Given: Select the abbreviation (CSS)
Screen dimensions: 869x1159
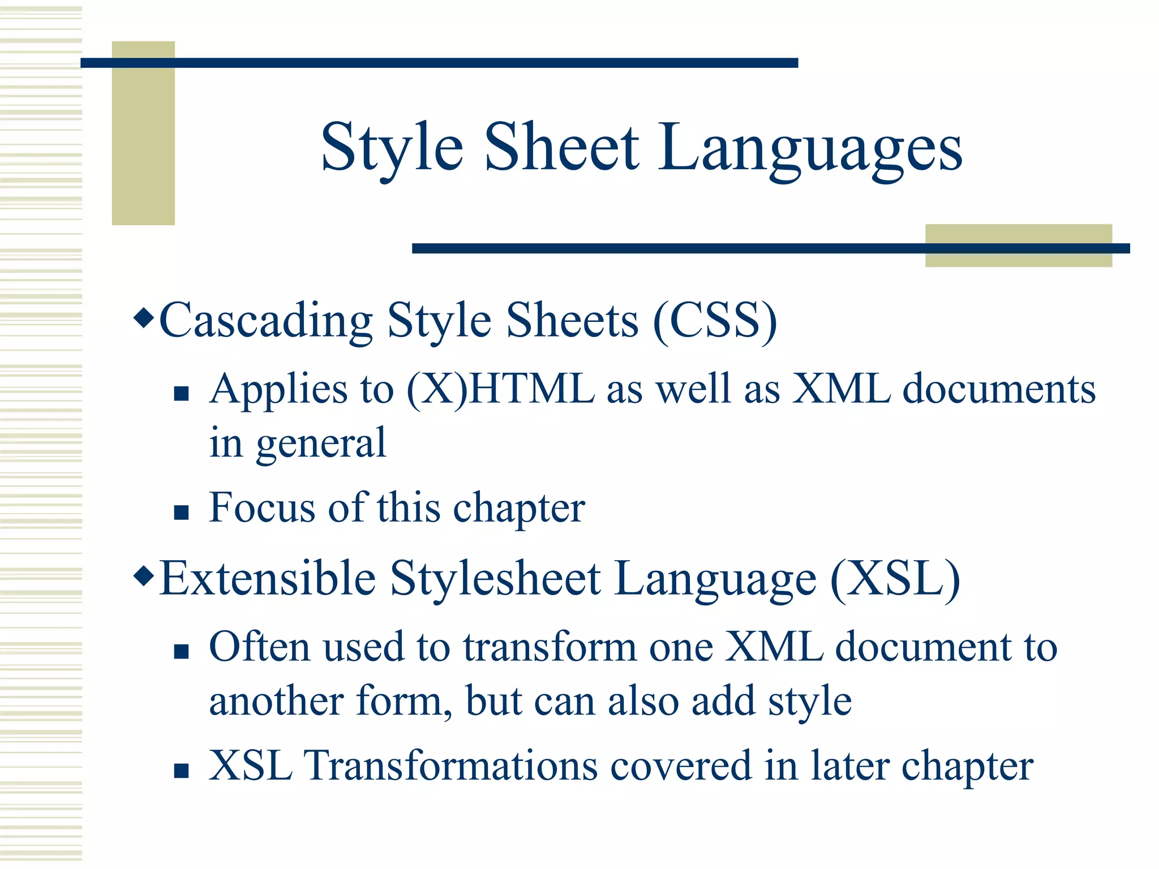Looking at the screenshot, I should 715,321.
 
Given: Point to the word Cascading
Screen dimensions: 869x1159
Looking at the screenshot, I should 266,321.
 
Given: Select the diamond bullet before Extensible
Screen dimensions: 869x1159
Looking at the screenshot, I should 144,577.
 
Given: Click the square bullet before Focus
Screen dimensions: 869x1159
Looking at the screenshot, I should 181,512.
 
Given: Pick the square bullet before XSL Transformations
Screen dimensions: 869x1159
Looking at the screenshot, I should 181,770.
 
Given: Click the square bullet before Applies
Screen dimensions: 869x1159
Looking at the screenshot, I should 181,393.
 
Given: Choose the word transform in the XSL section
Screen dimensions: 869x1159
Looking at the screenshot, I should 550,647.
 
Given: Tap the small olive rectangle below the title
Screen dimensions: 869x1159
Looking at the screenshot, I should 1018,246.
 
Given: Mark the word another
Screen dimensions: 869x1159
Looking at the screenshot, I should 276,702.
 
